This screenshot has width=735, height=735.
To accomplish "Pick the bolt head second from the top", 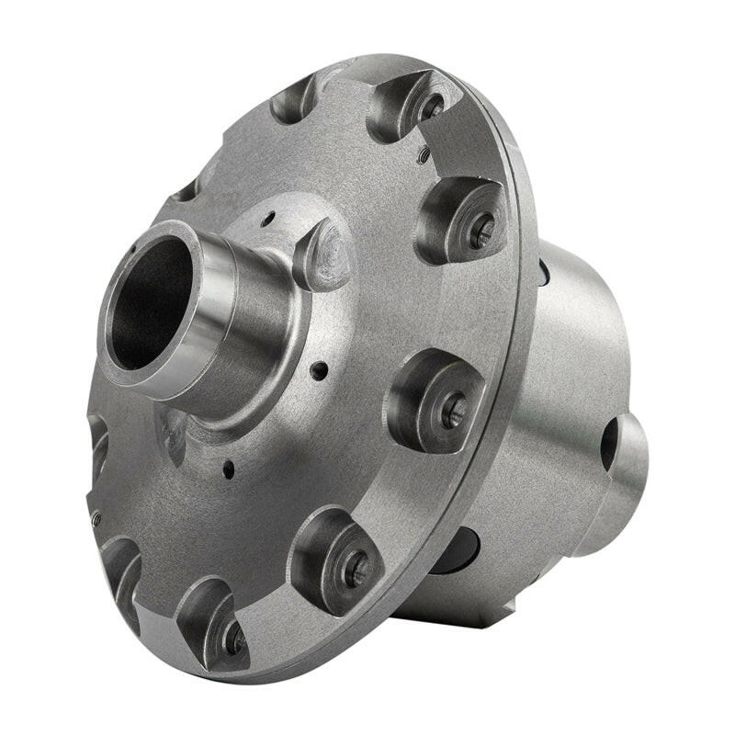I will click(x=481, y=230).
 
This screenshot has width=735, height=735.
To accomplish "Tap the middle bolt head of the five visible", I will click(x=453, y=410).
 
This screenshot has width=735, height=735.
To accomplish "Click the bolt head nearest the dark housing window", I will click(x=356, y=571).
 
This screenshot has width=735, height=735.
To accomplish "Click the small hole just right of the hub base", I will click(x=319, y=371).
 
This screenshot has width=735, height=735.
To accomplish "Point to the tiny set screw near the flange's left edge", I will click(x=96, y=518).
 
